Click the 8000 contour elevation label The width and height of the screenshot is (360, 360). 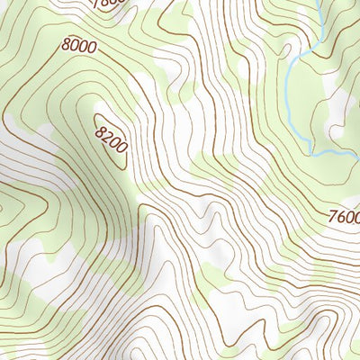click(x=79, y=44)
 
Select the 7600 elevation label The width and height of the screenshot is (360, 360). click(x=343, y=217)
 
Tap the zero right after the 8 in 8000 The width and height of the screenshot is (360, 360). click(x=76, y=43)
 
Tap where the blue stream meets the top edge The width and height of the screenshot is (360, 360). click(x=322, y=2)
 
